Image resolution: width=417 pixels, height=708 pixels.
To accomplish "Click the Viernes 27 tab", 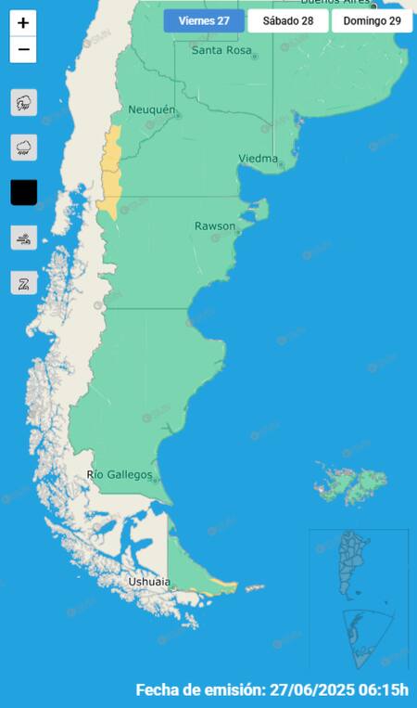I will [204, 20].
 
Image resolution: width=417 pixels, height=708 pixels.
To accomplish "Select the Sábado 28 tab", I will [287, 20].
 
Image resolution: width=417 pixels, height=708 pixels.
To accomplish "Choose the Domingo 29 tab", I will [371, 20].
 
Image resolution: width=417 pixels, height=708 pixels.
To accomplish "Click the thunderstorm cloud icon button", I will [23, 102].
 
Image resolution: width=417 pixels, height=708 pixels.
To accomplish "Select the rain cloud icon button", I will [23, 147].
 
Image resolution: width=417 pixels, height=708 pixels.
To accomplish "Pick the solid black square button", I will [23, 192].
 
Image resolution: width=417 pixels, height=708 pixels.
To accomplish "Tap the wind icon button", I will [23, 238].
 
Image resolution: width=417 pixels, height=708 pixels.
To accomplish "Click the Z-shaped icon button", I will [23, 283].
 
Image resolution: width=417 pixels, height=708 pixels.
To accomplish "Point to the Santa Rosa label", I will [222, 50].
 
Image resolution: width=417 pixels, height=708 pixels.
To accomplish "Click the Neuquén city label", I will [152, 109].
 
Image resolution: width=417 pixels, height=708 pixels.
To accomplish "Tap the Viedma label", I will [259, 159].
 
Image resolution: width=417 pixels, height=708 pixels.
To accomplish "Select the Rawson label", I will [214, 226].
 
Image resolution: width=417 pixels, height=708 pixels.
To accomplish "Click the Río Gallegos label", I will [120, 475].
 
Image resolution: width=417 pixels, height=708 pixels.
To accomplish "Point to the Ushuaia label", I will [149, 582].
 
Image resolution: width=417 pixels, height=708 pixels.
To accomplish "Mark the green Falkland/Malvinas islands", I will [352, 481].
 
